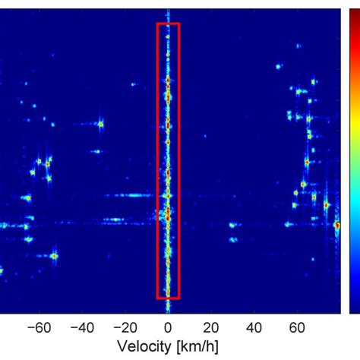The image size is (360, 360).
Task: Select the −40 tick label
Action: click(81, 329)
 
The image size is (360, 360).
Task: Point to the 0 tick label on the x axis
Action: click(168, 329)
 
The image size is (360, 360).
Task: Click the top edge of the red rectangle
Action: click(168, 24)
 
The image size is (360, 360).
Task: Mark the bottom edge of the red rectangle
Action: click(168, 298)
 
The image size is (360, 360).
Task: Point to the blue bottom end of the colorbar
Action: click(354, 308)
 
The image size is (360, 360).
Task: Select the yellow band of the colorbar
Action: click(354, 114)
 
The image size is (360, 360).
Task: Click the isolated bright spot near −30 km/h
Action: click(100, 124)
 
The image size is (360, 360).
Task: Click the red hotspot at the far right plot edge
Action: click(337, 224)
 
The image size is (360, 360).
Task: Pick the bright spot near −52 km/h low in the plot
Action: click(54, 256)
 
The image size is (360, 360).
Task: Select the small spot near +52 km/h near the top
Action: click(278, 66)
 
